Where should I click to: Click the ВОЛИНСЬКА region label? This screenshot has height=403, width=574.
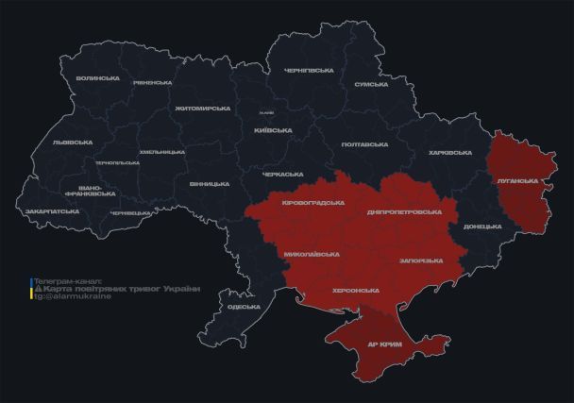click(x=97, y=78)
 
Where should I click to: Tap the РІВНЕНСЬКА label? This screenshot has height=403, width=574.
click(x=151, y=83)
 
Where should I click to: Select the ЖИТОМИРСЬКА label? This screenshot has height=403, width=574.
click(x=203, y=109)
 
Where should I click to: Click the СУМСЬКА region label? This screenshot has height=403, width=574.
click(x=371, y=84)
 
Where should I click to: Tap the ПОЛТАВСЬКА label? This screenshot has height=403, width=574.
click(x=364, y=144)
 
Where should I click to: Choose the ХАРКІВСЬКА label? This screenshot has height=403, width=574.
click(x=449, y=153)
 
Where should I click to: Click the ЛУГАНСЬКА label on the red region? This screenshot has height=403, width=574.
click(x=517, y=180)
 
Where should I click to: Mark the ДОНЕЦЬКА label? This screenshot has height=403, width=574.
click(x=482, y=227)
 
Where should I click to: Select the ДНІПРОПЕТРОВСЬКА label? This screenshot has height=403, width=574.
click(x=404, y=211)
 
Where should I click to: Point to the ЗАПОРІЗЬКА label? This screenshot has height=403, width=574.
click(x=421, y=260)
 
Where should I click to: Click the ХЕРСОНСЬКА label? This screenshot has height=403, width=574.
click(x=356, y=291)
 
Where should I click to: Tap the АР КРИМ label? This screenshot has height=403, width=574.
click(x=387, y=344)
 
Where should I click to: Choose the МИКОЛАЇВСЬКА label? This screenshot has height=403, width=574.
click(x=311, y=255)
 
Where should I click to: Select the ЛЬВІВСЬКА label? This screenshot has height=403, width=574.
click(x=73, y=143)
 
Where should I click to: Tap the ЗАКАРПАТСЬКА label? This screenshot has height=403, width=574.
click(x=53, y=211)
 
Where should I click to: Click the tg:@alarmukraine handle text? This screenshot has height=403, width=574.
click(x=73, y=296)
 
